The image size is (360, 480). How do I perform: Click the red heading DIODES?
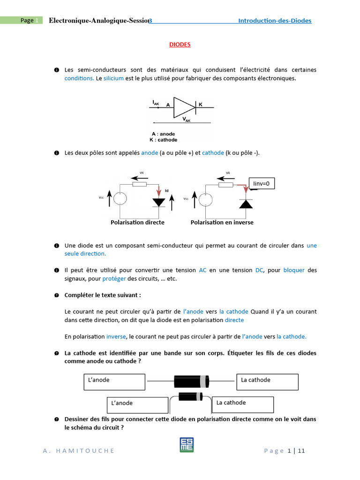click(x=180, y=45)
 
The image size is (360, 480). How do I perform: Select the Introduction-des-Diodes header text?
click(x=274, y=21)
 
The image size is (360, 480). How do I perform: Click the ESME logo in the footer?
click(x=186, y=445)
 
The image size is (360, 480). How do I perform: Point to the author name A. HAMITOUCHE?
click(x=78, y=451)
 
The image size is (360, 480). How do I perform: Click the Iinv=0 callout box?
click(x=262, y=184)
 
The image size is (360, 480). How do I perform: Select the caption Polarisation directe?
click(x=137, y=222)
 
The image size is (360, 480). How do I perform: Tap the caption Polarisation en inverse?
click(x=222, y=222)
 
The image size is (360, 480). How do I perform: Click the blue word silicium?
click(x=113, y=78)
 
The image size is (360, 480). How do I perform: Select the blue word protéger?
click(x=114, y=278)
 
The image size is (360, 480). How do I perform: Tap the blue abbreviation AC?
click(x=202, y=270)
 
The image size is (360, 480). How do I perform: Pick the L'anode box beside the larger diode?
click(x=114, y=382)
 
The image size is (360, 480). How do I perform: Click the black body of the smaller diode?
click(x=189, y=397)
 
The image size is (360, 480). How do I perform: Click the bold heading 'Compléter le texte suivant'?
click(x=102, y=295)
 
